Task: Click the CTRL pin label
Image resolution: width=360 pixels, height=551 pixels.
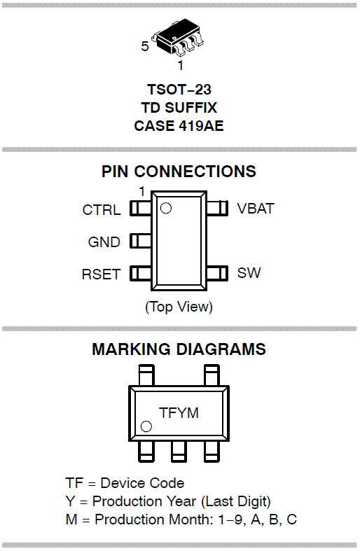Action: point(102,210)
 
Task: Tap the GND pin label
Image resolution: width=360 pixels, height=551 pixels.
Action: point(104,242)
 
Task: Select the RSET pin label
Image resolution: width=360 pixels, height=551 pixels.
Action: point(102,274)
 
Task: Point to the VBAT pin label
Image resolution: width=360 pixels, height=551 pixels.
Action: point(256,209)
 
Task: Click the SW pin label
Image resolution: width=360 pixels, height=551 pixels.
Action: point(249,273)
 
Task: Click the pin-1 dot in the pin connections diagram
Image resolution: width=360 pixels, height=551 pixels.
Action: point(165,209)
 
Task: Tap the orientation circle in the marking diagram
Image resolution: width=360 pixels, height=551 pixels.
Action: point(146,426)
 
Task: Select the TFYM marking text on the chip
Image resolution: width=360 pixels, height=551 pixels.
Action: point(179,413)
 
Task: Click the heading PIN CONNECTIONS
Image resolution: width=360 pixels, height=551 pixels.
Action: point(179,172)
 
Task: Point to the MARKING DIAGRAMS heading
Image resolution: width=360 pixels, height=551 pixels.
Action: point(179,349)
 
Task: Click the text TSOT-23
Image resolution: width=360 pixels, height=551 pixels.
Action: point(179,89)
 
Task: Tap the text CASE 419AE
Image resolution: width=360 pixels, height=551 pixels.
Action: point(179,126)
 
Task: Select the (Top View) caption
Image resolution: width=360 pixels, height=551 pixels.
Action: point(179,307)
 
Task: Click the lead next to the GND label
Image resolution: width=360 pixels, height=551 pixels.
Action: point(141,241)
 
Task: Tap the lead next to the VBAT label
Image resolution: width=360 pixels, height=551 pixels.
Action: point(217,208)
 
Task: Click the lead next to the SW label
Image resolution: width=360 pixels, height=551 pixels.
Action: point(217,273)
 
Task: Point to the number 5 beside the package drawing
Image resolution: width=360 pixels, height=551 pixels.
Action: point(145,46)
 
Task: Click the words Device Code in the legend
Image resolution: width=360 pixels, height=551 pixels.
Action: point(142,483)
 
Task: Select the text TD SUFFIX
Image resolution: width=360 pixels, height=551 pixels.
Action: point(179,108)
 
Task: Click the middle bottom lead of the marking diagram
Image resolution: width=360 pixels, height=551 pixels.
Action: point(179,451)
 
